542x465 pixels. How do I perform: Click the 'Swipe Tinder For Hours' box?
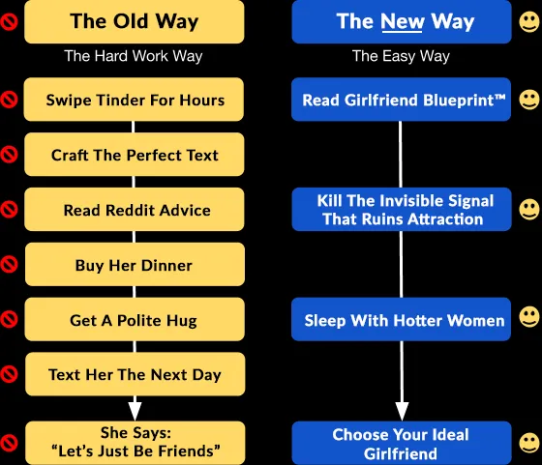pyautogui.click(x=134, y=100)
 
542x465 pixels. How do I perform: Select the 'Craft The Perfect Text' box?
pyautogui.click(x=135, y=155)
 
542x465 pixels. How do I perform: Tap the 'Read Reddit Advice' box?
pyautogui.click(x=135, y=209)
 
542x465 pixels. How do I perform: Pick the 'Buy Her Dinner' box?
pyautogui.click(x=135, y=265)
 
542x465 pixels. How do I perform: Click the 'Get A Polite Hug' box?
pyautogui.click(x=135, y=319)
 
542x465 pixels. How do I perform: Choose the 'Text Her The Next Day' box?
pyautogui.click(x=135, y=374)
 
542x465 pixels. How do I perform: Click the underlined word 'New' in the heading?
pyautogui.click(x=402, y=21)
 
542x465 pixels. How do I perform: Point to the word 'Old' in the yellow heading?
pyautogui.click(x=132, y=21)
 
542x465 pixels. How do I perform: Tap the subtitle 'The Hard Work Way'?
pyautogui.click(x=134, y=56)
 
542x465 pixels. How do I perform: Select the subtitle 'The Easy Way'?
pyautogui.click(x=401, y=56)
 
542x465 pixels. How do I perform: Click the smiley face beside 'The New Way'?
pyautogui.click(x=529, y=21)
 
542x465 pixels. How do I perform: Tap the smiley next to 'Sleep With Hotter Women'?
pyautogui.click(x=529, y=316)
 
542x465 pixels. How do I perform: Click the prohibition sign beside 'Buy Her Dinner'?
pyautogui.click(x=9, y=265)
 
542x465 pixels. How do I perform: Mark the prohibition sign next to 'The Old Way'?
pyautogui.click(x=9, y=21)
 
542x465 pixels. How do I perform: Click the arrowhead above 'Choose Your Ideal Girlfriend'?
pyautogui.click(x=402, y=411)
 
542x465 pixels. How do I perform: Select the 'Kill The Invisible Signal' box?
pyautogui.click(x=402, y=209)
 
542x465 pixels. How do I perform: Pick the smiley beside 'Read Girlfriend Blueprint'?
pyautogui.click(x=529, y=100)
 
